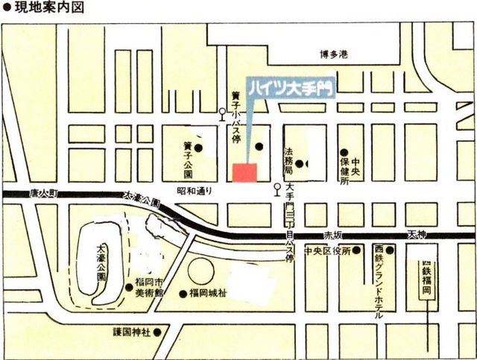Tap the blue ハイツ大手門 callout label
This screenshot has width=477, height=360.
pos(290,86)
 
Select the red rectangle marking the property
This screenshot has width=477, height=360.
pos(244,171)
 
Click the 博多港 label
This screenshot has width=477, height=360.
pos(334,54)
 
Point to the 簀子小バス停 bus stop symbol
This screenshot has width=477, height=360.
pos(221,114)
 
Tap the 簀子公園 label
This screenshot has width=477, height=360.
pos(188,160)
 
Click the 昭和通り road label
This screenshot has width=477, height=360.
pos(195,191)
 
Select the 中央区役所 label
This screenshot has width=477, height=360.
pos(328,250)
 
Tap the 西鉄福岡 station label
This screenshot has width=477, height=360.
pos(427,277)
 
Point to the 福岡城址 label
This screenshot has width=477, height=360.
pos(208,292)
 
